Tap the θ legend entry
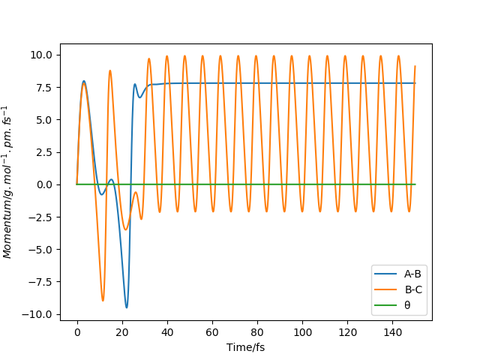pyautogui.click(x=408, y=305)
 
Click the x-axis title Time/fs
pyautogui.click(x=245, y=347)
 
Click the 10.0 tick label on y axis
pyautogui.click(x=41, y=55)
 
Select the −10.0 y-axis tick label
pyautogui.click(x=37, y=314)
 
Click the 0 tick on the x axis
pyautogui.click(x=77, y=331)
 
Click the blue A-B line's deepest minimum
pyautogui.click(x=127, y=307)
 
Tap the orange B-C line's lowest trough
pyautogui.click(x=103, y=301)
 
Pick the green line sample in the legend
pyautogui.click(x=385, y=305)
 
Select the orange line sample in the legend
pyautogui.click(x=385, y=289)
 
